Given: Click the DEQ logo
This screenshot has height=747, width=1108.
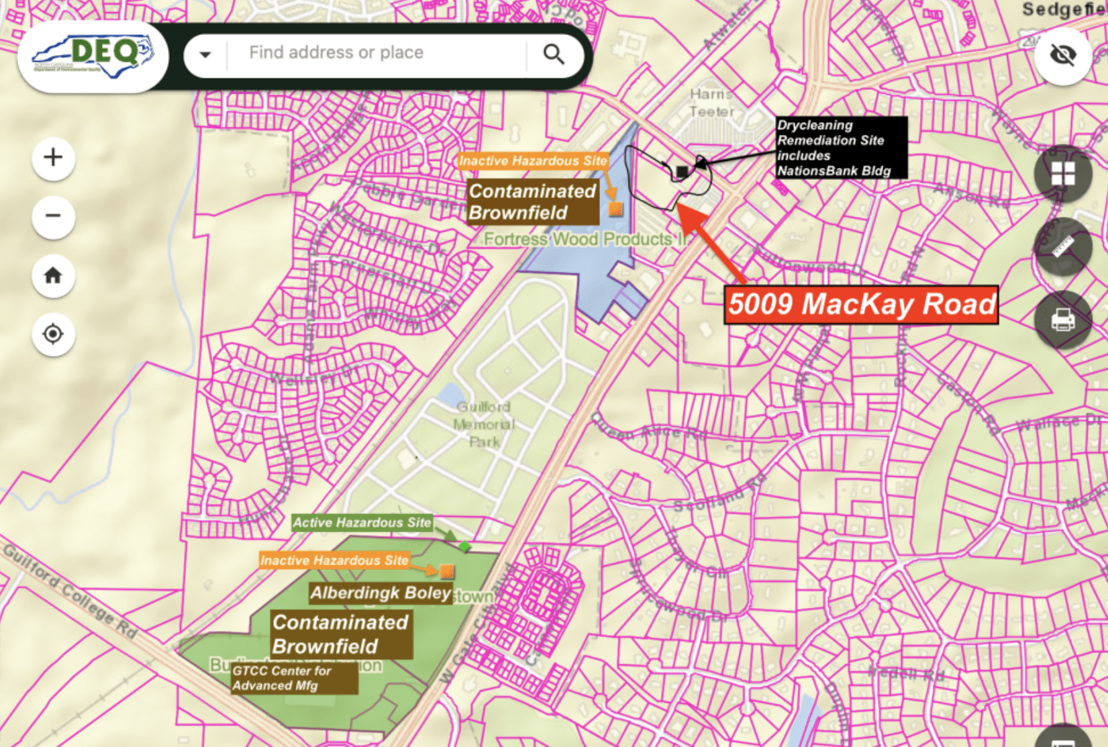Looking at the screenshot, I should coord(93,56).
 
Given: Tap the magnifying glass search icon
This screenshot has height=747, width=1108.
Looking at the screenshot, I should coord(554,54).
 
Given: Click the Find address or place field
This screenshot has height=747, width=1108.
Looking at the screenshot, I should coord(376,53).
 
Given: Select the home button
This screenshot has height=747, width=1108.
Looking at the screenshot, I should coord(53,275).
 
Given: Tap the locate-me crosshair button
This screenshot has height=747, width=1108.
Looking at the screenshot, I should coord(53,334).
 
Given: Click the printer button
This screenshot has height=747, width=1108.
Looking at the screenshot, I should coord(1062,319).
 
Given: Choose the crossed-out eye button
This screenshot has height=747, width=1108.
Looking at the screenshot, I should coord(1062,55).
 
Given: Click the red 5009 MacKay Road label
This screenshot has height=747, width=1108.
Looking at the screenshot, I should coord(861,305).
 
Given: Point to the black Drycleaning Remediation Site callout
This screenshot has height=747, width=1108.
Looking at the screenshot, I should coord(840,148).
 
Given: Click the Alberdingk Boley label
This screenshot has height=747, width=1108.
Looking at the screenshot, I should coord(380,593).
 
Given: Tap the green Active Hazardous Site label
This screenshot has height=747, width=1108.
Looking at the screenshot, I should coord(362,522).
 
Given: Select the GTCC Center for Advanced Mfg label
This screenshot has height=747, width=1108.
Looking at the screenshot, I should coord(294,679).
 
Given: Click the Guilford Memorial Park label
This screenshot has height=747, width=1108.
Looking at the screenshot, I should coord(484,424).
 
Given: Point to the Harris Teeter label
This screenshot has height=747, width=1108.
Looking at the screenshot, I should coord(711,103).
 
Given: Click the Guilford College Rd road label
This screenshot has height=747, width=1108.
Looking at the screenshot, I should coord(70,591).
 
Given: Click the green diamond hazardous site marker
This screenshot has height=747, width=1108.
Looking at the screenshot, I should coord(464,546).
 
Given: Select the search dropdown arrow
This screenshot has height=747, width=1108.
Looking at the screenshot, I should coord(205,54).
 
